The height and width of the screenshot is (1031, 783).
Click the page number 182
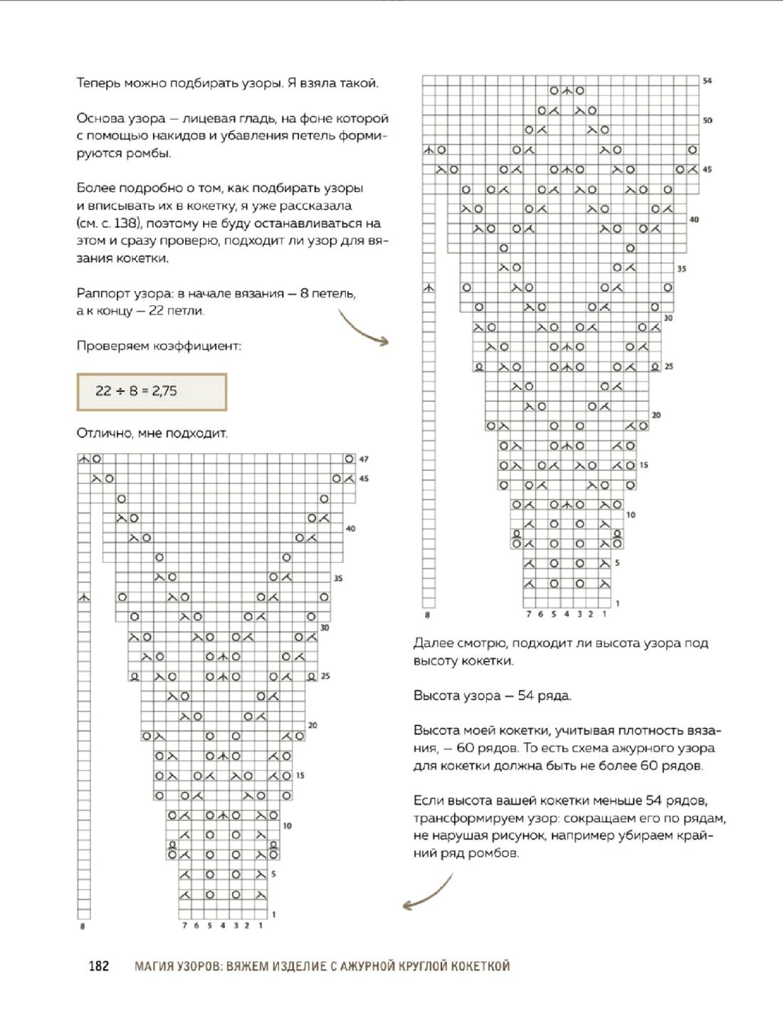99,966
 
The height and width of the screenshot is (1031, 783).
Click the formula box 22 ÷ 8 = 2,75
151,391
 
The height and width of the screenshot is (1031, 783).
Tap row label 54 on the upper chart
707,81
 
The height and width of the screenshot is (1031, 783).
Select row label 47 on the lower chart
364,460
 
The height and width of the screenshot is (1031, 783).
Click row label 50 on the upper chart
707,120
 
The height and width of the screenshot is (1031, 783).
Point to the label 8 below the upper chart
427,615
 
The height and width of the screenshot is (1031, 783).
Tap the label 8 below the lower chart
83,926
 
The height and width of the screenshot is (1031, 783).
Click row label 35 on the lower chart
338,578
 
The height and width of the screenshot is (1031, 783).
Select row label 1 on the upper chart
617,603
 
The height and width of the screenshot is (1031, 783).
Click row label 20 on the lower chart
312,725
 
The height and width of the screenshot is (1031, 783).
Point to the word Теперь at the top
98,83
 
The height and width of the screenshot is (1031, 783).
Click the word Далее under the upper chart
433,643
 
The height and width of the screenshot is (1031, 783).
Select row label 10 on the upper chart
631,514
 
